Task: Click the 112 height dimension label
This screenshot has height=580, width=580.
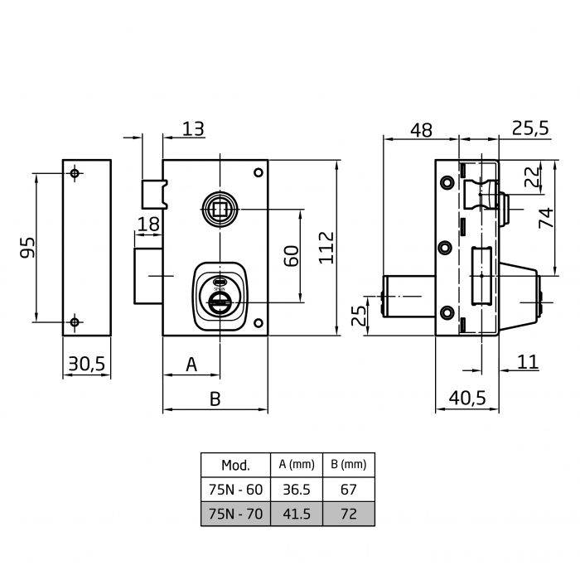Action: coord(326,248)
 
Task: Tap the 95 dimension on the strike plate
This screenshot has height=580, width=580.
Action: coord(27,248)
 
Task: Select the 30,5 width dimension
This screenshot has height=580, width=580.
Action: coord(87,364)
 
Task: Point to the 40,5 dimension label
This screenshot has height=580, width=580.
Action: coord(467,399)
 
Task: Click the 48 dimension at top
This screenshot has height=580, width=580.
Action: coord(421,130)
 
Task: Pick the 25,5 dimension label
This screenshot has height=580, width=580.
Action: coord(530,128)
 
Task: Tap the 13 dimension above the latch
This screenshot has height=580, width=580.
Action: coord(193,128)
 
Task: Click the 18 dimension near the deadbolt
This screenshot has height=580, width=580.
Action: coord(148,225)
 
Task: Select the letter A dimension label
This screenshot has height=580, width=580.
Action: coord(191,365)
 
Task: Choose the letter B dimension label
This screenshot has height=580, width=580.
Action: coord(215,399)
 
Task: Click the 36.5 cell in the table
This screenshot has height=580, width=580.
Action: coord(297,490)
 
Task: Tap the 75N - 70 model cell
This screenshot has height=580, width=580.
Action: coord(235,514)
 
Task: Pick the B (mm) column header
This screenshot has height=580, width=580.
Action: coord(349,464)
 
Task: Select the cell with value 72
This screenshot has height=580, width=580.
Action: coord(349,514)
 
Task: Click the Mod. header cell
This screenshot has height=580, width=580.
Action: coord(235,465)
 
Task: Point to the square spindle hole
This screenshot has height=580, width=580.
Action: coord(220,210)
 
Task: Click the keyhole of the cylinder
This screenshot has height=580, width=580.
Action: coord(220,302)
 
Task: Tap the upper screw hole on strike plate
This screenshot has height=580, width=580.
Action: coord(75,173)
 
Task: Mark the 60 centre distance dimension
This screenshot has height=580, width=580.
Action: coord(291,256)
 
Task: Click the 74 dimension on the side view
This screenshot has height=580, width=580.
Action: coord(546,218)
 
